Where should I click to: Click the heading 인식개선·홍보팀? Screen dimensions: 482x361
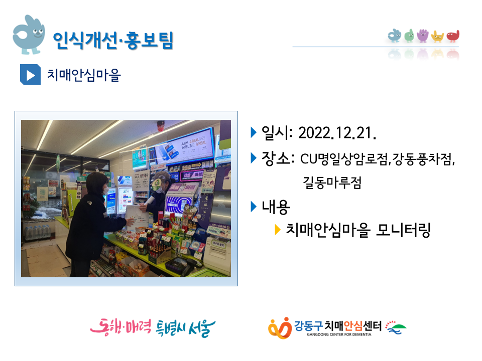(113, 41)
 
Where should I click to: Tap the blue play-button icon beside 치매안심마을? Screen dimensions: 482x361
(30, 75)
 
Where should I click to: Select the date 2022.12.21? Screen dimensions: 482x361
(337, 133)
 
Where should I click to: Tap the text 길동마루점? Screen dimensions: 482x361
(332, 183)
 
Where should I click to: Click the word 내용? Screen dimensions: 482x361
(276, 207)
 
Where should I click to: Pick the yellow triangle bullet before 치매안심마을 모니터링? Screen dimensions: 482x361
(277, 229)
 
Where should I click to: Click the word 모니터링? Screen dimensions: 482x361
(403, 230)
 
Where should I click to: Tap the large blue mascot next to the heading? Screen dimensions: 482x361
(29, 35)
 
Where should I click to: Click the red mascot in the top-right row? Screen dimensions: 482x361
(453, 36)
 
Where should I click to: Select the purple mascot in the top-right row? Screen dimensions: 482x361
(423, 35)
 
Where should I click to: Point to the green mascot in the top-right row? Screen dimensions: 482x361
(409, 36)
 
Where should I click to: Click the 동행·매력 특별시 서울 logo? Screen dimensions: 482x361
(153, 328)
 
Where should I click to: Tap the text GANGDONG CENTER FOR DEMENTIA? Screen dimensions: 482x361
(339, 334)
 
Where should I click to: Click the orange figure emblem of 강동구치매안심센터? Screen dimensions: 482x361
(280, 328)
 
